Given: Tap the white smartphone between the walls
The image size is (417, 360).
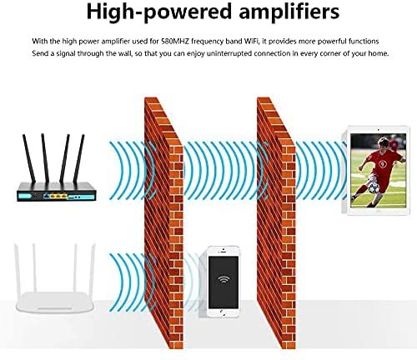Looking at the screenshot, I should click(223, 281).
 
